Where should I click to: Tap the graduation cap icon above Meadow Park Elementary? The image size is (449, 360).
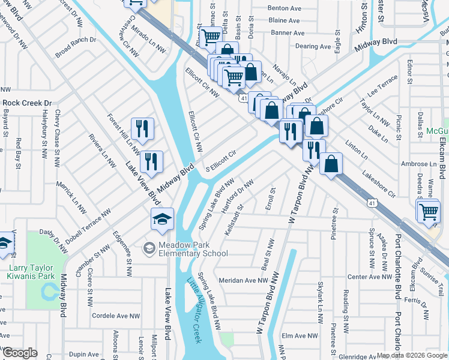tap(162, 220)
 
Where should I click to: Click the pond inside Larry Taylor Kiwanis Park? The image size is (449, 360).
tap(48, 293)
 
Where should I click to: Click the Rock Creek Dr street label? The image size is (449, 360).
tap(27, 103)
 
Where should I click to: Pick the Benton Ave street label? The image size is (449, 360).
tap(284, 9)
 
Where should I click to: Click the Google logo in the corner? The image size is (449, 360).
tap(20, 353)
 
